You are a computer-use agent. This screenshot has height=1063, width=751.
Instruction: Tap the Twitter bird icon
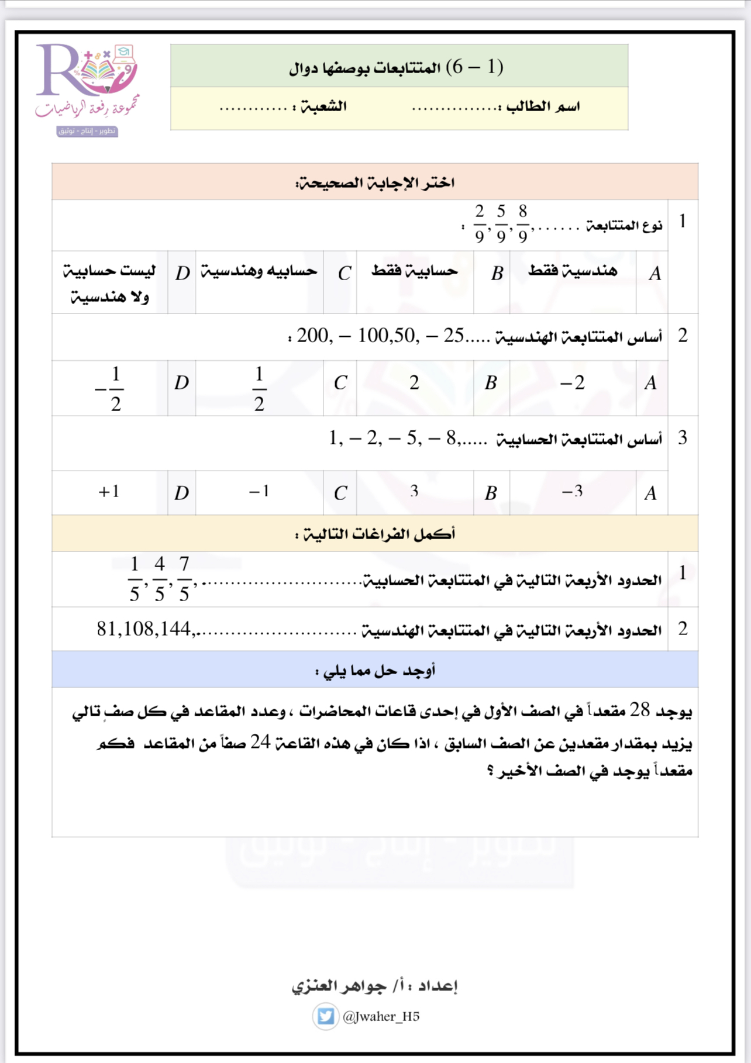point(325,1016)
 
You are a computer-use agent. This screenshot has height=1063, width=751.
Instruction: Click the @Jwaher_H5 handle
point(381,1016)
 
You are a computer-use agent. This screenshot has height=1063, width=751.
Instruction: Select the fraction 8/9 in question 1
point(522,223)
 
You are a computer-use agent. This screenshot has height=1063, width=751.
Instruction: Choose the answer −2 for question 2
point(572,383)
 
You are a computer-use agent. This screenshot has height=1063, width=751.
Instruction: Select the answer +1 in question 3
point(109,491)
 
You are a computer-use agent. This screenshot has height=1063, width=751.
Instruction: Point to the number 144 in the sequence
point(175,629)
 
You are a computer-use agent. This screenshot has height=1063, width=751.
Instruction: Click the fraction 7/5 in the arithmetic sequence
point(184,579)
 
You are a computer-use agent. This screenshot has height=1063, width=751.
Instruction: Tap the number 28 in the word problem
point(639,710)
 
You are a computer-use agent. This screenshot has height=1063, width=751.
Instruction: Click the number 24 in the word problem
point(260,742)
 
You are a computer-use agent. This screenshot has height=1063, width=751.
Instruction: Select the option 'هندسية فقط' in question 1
point(573,271)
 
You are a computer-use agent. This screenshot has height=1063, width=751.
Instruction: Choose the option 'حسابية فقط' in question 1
point(415,271)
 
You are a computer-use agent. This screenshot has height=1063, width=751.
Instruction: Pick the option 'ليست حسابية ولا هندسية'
point(109,284)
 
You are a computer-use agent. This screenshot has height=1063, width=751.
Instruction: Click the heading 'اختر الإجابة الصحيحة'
point(375,183)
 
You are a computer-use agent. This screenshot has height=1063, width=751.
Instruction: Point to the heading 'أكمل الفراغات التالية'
point(375,534)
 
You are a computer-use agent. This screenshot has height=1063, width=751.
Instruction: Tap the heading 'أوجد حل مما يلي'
point(375,671)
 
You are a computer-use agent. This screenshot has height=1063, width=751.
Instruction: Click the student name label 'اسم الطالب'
point(543,106)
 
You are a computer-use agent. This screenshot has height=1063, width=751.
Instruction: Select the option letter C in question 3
point(340,493)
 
